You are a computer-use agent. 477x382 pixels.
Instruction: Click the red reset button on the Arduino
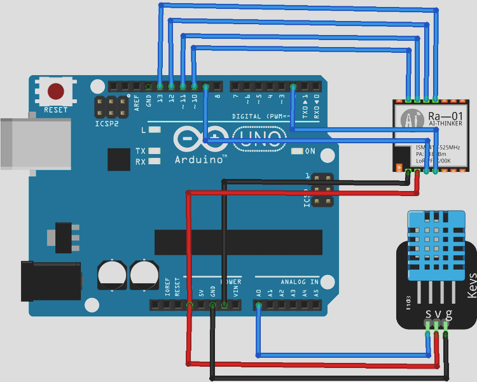click(x=56, y=92)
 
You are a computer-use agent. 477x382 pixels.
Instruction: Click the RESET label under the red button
click(x=56, y=110)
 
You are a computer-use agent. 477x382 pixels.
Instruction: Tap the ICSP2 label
click(x=107, y=124)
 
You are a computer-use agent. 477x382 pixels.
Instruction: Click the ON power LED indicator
click(x=296, y=152)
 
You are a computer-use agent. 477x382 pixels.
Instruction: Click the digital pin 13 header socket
click(x=160, y=86)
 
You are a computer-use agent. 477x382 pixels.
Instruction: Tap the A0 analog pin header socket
click(x=258, y=306)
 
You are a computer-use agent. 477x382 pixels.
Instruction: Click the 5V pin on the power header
click(x=201, y=306)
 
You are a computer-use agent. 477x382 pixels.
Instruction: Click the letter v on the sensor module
click(x=436, y=314)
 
